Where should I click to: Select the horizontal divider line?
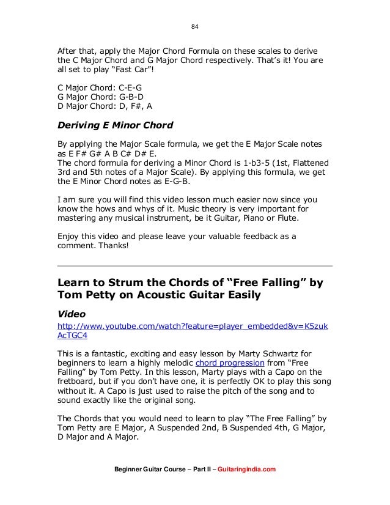click(x=194, y=267)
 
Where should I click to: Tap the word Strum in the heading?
click(x=127, y=284)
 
